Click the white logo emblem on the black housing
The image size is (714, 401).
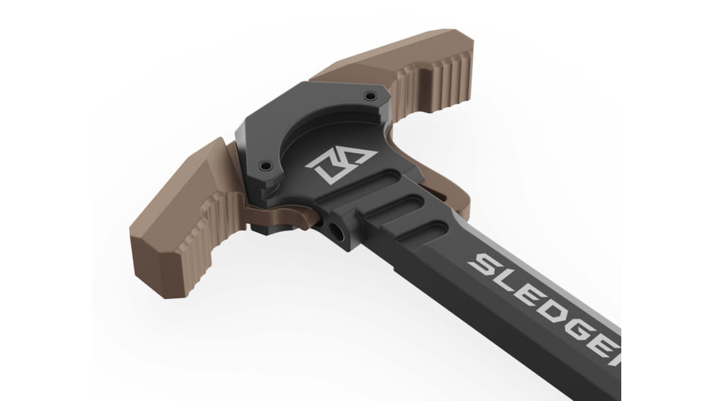tap(340, 166)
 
